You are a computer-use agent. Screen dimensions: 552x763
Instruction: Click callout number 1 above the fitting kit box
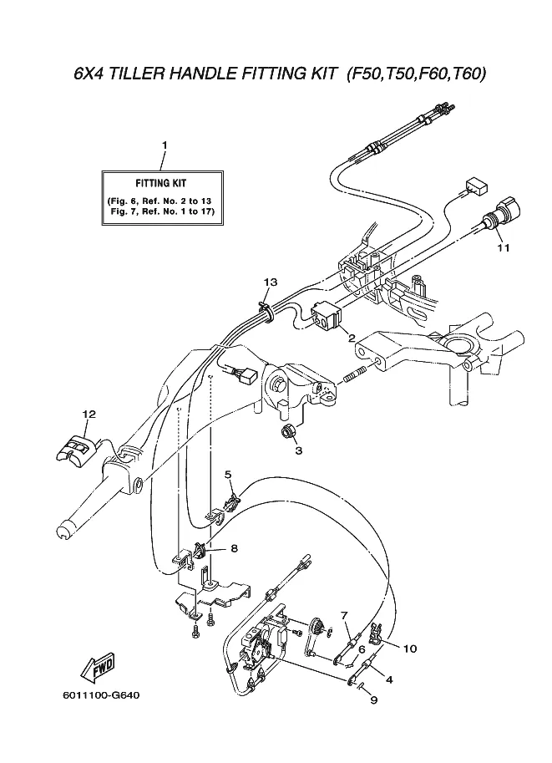[165, 145]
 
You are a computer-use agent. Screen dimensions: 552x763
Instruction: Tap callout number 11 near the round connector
[504, 247]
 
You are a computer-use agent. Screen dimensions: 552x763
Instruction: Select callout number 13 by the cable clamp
[271, 282]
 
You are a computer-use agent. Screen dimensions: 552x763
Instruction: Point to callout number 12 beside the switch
[89, 415]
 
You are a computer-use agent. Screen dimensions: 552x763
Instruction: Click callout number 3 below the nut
[299, 450]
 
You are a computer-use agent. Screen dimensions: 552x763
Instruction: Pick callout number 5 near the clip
[228, 474]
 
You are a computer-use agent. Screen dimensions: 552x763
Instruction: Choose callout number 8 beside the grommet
[234, 548]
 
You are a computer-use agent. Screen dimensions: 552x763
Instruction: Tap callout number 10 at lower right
[410, 649]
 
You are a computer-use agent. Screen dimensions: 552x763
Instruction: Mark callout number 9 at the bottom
[374, 700]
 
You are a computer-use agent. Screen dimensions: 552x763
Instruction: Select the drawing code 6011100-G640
[101, 695]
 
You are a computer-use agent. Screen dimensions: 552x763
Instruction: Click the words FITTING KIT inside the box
[161, 184]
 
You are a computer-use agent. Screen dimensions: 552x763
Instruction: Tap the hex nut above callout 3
[286, 430]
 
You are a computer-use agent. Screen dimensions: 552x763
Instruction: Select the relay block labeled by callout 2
[326, 316]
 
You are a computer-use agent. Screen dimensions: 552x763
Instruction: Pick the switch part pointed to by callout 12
[76, 448]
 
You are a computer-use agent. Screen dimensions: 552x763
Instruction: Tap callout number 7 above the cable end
[344, 616]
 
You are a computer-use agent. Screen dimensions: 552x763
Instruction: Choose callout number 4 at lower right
[389, 679]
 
